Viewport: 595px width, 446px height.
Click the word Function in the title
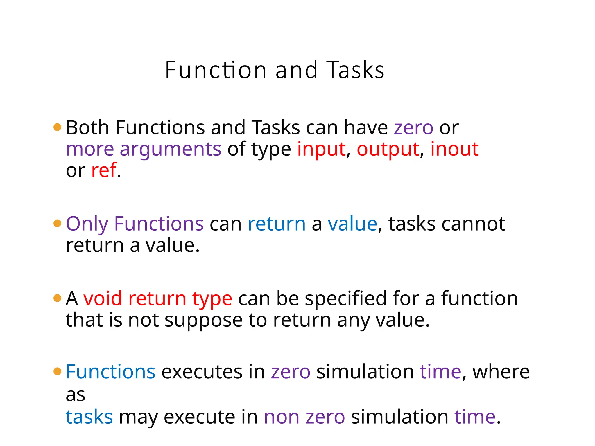click(x=216, y=70)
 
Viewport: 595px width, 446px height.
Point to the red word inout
click(x=454, y=149)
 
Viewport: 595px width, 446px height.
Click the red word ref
click(x=104, y=170)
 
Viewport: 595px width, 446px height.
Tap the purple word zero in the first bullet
click(x=413, y=128)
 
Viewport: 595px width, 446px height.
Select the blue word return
click(x=277, y=224)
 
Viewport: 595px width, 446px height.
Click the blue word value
click(x=352, y=224)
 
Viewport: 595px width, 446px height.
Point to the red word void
click(x=103, y=299)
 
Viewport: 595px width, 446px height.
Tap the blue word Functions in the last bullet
click(x=111, y=372)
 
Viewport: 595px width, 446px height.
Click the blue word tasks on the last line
click(x=89, y=417)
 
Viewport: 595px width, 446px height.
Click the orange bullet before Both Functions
click(x=58, y=127)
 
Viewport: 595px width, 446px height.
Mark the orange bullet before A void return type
click(x=58, y=298)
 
